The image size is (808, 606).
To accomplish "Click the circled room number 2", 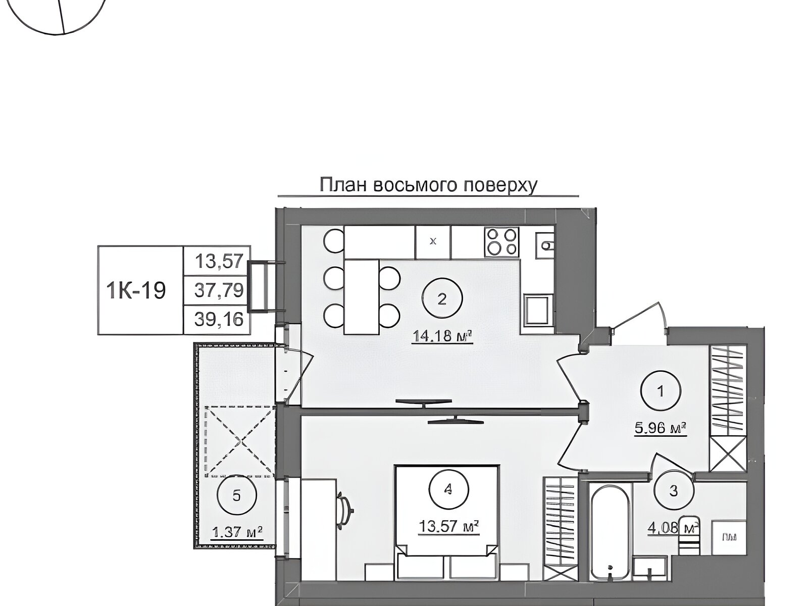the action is coord(442,298).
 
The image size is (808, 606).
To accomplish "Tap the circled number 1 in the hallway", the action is coord(661,391).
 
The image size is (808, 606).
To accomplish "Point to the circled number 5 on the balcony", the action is coord(236,495).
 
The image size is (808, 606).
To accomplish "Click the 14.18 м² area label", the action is coord(442,336).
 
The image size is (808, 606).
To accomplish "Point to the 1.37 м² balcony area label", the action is coord(237,532).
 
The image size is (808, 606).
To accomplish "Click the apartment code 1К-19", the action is coord(136,290).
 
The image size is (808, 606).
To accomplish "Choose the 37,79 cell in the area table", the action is coord(219,290).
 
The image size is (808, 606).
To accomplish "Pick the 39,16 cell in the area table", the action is coord(219,319).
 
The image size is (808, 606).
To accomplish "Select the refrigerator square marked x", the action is coord(433,242).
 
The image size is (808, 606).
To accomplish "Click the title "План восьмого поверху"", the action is coord(428,185).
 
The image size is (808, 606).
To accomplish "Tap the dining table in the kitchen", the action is coord(362,296).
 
